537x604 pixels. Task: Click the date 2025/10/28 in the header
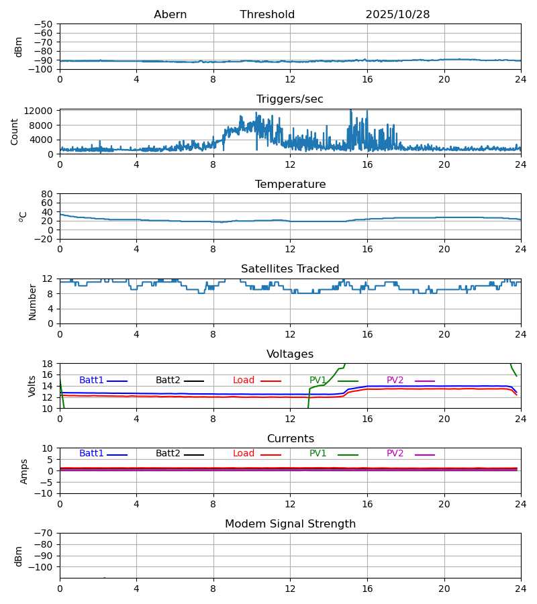[x=397, y=15]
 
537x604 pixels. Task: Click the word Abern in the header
[x=170, y=15]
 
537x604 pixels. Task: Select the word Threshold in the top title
[x=267, y=15]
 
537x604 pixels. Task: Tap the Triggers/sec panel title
[x=290, y=99]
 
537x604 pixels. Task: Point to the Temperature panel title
[x=290, y=185]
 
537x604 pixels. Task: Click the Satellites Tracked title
[x=290, y=269]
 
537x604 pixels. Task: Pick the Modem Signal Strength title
[x=290, y=524]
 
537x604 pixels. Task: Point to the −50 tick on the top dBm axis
[x=44, y=24]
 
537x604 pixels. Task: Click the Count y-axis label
[x=15, y=132]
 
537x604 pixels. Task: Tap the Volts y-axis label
[x=32, y=386]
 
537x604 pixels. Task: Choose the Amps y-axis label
[x=24, y=471]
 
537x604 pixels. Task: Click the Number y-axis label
[x=32, y=301]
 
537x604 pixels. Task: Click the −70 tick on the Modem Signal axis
[x=44, y=534]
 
